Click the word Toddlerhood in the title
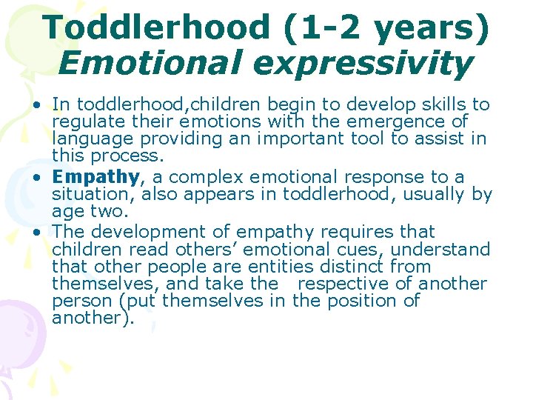point(156,27)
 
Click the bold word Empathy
point(95,177)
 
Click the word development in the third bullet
point(144,232)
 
